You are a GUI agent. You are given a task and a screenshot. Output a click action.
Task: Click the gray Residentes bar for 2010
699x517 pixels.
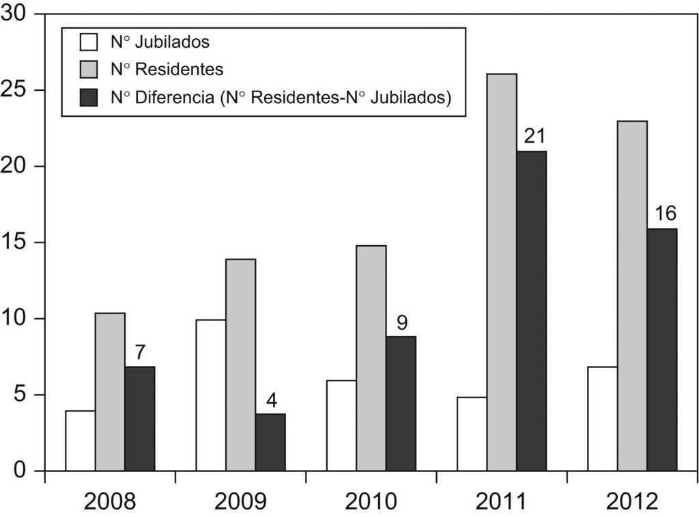click(x=371, y=358)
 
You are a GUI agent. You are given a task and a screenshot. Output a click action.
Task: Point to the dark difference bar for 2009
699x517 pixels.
click(x=270, y=442)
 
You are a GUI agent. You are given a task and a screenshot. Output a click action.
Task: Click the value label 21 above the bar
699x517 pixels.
click(x=534, y=136)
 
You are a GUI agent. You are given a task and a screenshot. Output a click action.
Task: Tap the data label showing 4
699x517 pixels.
click(x=271, y=400)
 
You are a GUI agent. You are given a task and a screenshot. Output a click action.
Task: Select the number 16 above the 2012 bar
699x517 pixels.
click(x=665, y=213)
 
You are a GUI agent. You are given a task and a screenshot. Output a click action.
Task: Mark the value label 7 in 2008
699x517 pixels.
click(x=141, y=352)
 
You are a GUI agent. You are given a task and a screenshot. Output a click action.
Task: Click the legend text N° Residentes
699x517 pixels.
click(x=167, y=70)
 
